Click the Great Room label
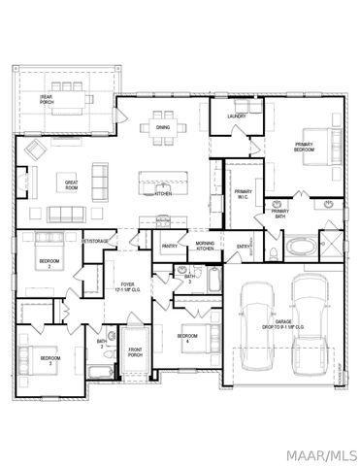click(x=72, y=184)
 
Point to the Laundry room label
click(x=236, y=116)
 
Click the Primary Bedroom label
click(x=308, y=149)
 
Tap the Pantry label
click(x=169, y=247)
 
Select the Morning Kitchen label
click(x=205, y=246)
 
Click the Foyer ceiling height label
click(x=128, y=288)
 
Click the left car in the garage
click(x=257, y=326)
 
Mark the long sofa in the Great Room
click(x=67, y=214)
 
